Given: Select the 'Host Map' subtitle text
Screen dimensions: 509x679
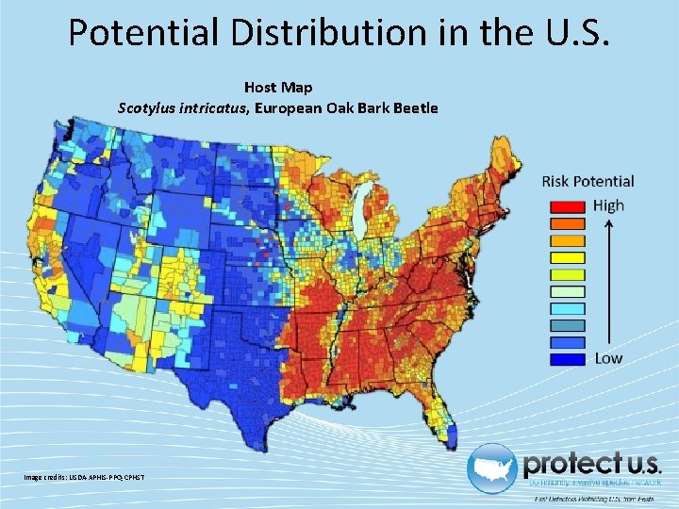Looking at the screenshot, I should [278, 88].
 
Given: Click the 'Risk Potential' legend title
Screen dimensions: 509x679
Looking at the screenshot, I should [588, 181].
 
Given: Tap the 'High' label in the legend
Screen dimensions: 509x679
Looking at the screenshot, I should [609, 205].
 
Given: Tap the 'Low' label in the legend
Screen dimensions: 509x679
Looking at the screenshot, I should [607, 358].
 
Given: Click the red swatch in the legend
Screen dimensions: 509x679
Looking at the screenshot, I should [566, 206].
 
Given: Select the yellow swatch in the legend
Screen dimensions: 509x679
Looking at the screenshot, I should [566, 257].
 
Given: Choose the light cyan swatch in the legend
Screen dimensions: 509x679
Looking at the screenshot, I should [566, 308].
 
